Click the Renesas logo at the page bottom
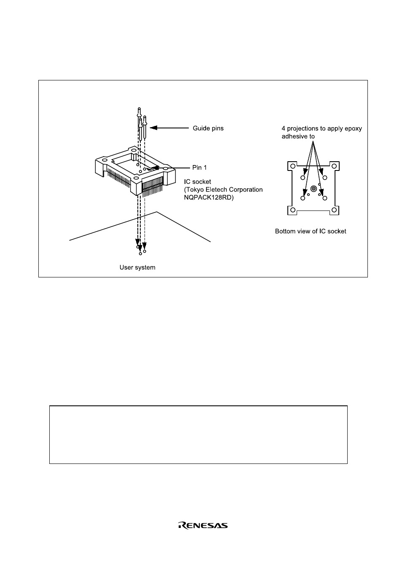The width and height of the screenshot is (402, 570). pyautogui.click(x=203, y=525)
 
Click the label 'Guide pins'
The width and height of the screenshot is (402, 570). pyautogui.click(x=208, y=128)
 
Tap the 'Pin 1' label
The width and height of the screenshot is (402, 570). pyautogui.click(x=200, y=168)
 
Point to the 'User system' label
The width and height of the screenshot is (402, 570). pyautogui.click(x=137, y=267)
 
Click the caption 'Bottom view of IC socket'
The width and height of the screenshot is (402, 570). pyautogui.click(x=311, y=231)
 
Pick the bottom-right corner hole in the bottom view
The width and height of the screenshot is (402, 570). pyautogui.click(x=334, y=210)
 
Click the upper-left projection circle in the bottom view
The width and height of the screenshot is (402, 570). pyautogui.click(x=303, y=178)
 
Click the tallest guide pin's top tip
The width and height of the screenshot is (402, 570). pyautogui.click(x=139, y=109)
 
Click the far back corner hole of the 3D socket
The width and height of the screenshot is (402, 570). pyautogui.click(x=134, y=150)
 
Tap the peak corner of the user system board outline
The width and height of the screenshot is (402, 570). pyautogui.click(x=157, y=212)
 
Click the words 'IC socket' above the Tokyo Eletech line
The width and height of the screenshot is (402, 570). pyautogui.click(x=198, y=181)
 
